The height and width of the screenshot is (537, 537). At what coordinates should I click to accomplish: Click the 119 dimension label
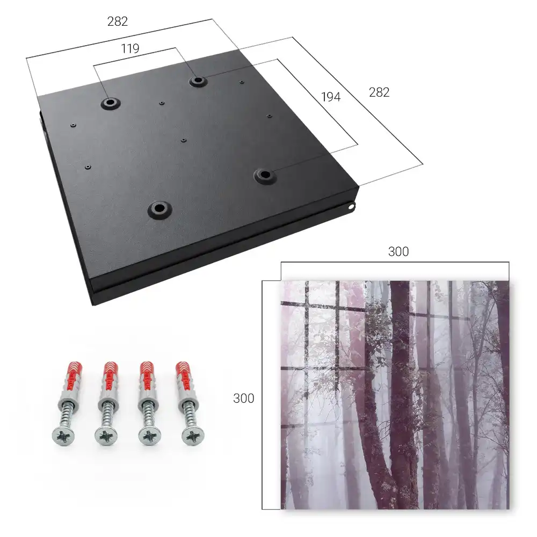coord(130,49)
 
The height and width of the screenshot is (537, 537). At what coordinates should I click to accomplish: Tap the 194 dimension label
coord(331,97)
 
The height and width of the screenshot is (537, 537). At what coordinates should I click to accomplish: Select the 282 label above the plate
coord(118,21)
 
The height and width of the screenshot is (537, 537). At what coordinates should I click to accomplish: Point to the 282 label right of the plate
coord(379,92)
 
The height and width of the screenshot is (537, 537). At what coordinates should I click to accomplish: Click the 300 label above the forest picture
coord(398,252)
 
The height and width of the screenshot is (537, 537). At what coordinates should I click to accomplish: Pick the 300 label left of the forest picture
coord(243,398)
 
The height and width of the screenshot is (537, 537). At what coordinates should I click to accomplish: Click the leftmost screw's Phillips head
coord(64,436)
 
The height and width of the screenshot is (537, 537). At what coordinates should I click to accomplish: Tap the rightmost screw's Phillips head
coord(193,436)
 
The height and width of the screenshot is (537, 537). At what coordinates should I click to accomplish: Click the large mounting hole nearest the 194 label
coord(265,176)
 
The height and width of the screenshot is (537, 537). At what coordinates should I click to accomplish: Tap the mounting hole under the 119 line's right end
coord(198,81)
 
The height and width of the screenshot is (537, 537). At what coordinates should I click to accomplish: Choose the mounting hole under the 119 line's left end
coord(110,103)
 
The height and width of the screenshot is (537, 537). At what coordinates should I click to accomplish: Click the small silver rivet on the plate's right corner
coord(351,207)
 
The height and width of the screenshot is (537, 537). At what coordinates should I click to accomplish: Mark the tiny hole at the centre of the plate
coord(184,140)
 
